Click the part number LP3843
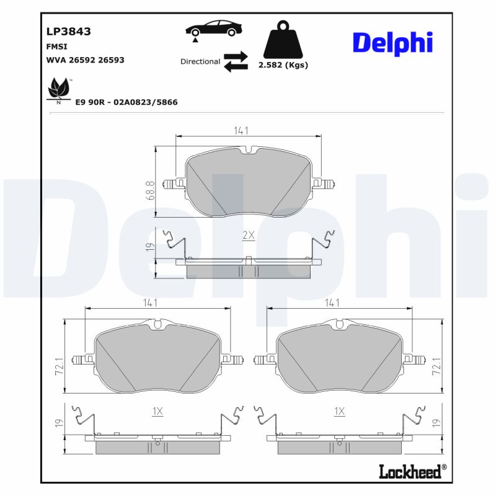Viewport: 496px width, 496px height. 64,31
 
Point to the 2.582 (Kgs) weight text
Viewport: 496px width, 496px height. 283,64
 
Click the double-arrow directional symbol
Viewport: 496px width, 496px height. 236,62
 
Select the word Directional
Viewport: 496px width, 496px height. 200,61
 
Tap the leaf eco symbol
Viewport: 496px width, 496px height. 58,90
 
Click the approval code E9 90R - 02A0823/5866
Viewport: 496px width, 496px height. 126,102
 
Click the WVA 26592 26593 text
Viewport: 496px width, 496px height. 86,60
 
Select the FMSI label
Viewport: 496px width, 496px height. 57,46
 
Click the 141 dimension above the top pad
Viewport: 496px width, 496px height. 241,130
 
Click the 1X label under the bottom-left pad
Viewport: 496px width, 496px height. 157,411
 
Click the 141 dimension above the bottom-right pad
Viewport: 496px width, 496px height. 333,303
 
